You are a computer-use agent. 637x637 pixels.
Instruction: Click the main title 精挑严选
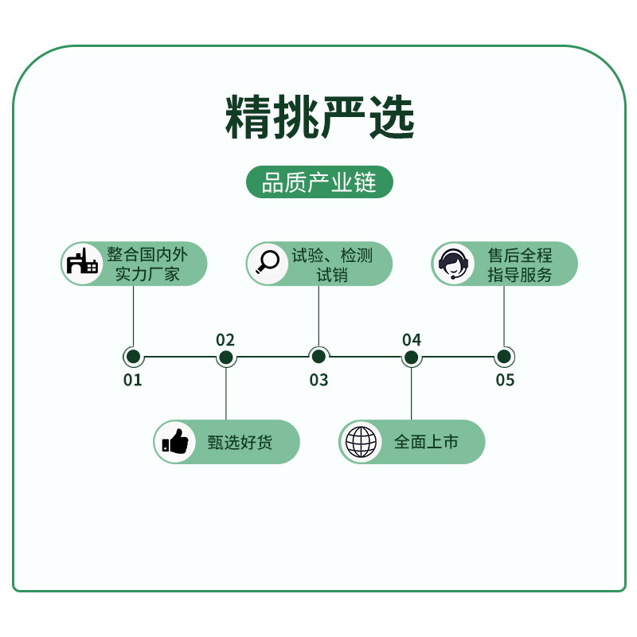pyautogui.click(x=319, y=117)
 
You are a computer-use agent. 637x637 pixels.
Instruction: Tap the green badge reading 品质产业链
pyautogui.click(x=319, y=182)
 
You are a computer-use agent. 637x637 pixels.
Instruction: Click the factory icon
pyautogui.click(x=82, y=264)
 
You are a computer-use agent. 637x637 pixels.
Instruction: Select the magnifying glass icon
pyautogui.click(x=268, y=263)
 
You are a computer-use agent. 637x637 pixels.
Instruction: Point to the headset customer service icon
pyautogui.click(x=453, y=264)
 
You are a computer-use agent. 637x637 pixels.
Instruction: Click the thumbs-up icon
pyautogui.click(x=175, y=442)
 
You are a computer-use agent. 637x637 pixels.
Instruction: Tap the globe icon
pyautogui.click(x=361, y=442)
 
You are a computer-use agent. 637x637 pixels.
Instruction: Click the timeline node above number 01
pyautogui.click(x=133, y=357)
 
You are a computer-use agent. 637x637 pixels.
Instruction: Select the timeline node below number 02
pyautogui.click(x=226, y=357)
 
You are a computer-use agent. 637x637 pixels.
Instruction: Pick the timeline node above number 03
pyautogui.click(x=318, y=357)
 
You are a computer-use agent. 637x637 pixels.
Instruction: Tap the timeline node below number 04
pyautogui.click(x=412, y=357)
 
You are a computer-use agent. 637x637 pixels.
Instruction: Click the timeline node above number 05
pyautogui.click(x=504, y=357)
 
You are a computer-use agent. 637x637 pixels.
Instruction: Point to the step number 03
pyautogui.click(x=318, y=380)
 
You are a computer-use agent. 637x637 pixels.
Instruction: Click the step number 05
pyautogui.click(x=505, y=380)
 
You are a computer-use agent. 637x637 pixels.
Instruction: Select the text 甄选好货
pyautogui.click(x=240, y=442)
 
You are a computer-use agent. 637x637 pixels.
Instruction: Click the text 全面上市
pyautogui.click(x=426, y=442)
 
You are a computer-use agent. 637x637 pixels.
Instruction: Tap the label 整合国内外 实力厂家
pyautogui.click(x=147, y=264)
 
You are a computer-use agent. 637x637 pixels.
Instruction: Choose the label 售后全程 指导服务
pyautogui.click(x=519, y=264)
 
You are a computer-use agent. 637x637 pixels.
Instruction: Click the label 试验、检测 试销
pyautogui.click(x=332, y=264)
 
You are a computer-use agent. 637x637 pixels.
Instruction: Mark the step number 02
pyautogui.click(x=225, y=340)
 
